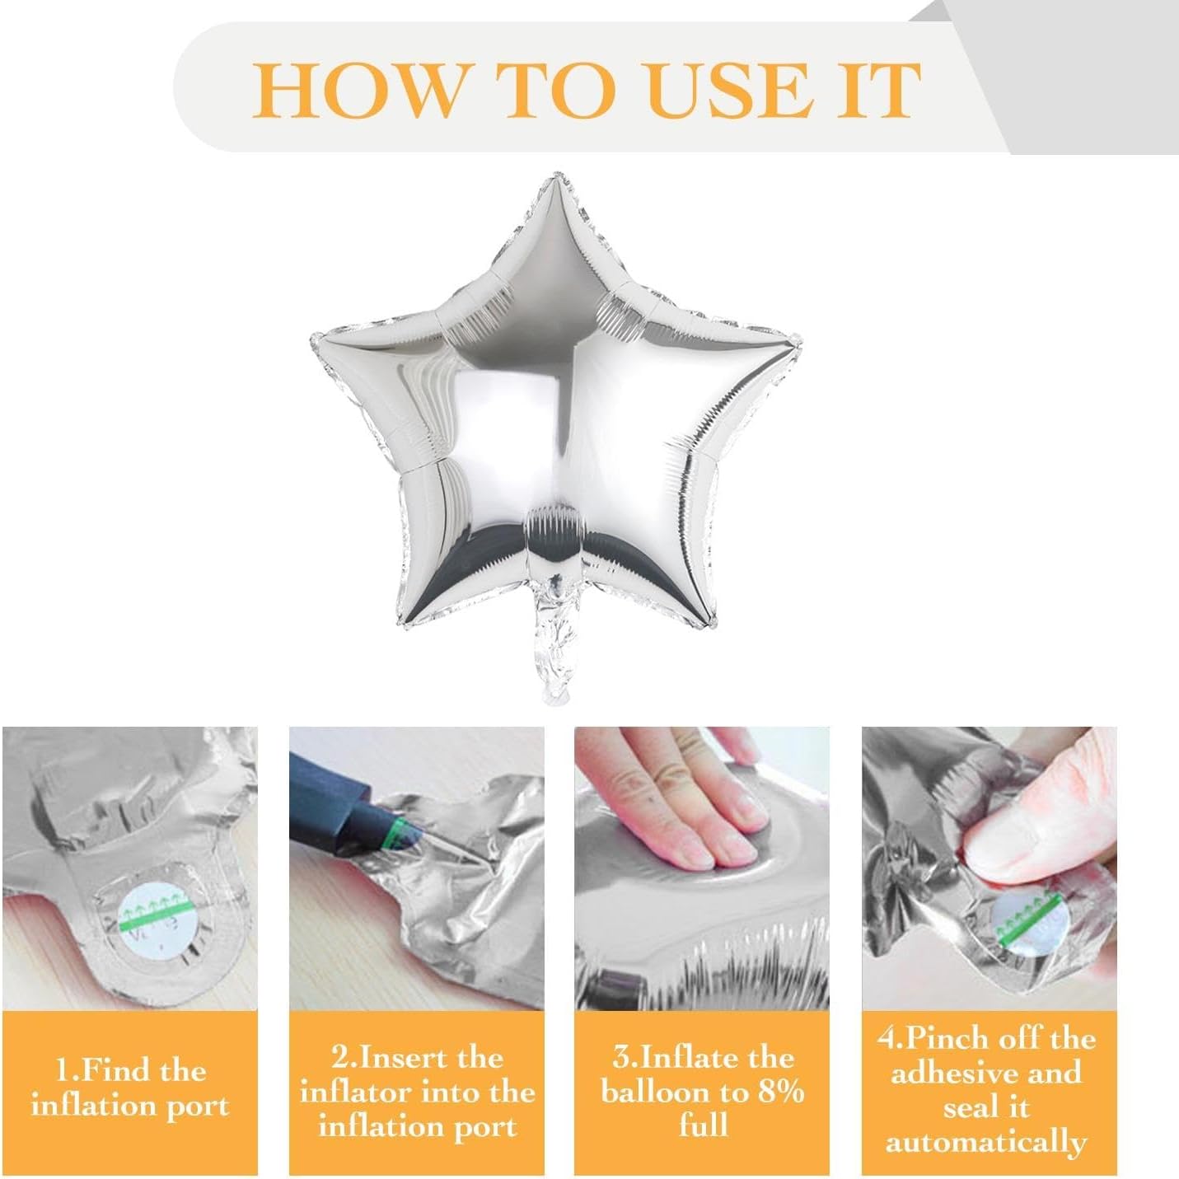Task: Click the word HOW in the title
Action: point(356,91)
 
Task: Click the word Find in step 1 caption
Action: point(115,1071)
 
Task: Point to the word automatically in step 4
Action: point(986,1143)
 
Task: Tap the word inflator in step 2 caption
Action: point(363,1092)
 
